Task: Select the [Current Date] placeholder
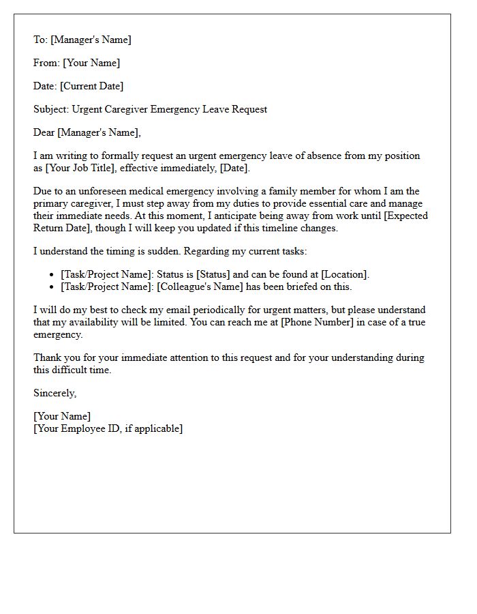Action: [92, 86]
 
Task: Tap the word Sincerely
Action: [55, 393]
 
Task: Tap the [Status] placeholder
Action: [213, 274]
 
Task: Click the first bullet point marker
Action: [52, 275]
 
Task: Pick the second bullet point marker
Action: [52, 287]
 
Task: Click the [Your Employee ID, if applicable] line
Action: [108, 428]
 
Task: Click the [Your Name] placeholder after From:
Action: [91, 63]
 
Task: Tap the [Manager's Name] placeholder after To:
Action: [91, 40]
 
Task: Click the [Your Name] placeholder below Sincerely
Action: [62, 416]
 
